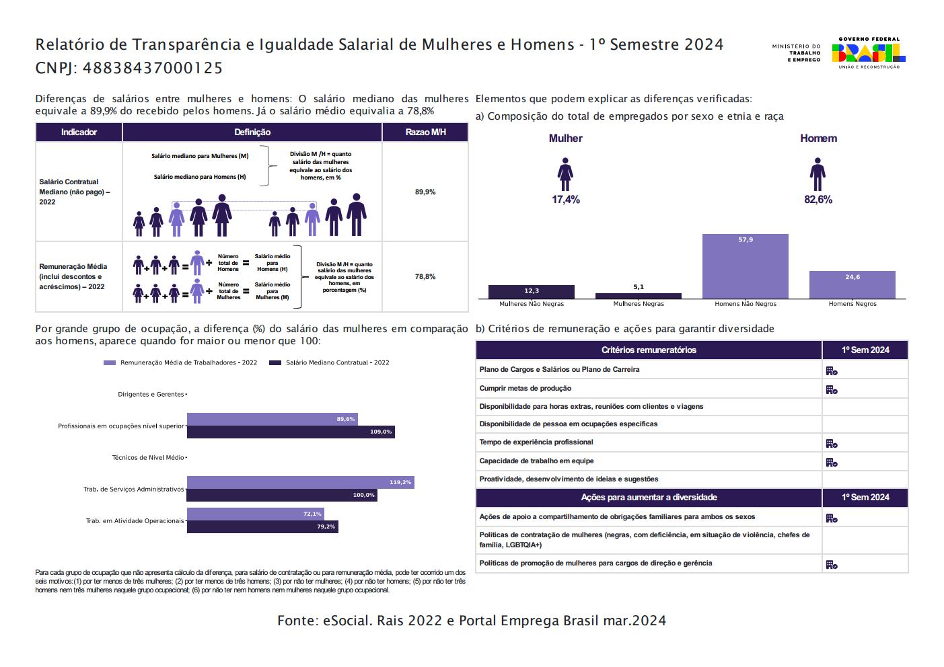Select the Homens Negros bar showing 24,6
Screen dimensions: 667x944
(x=852, y=284)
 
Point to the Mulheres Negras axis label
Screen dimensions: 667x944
(x=638, y=304)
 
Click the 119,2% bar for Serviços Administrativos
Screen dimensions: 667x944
(x=300, y=482)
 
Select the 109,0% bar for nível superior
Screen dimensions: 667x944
(x=290, y=432)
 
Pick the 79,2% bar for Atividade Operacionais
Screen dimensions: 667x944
(x=262, y=526)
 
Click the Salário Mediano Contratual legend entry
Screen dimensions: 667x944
(x=329, y=362)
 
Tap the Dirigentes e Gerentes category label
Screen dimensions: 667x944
(x=151, y=394)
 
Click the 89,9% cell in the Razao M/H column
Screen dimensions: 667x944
(x=425, y=192)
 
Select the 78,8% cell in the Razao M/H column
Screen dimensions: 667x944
(x=425, y=276)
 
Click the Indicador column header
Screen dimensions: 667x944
(x=79, y=132)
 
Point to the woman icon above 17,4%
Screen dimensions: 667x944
(x=565, y=175)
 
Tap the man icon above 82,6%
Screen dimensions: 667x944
(x=818, y=175)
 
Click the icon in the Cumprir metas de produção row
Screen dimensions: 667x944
(x=831, y=389)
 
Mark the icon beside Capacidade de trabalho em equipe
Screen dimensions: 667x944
(x=831, y=462)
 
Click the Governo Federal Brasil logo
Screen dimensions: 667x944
(x=868, y=52)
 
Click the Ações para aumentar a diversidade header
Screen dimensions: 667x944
(x=649, y=498)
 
